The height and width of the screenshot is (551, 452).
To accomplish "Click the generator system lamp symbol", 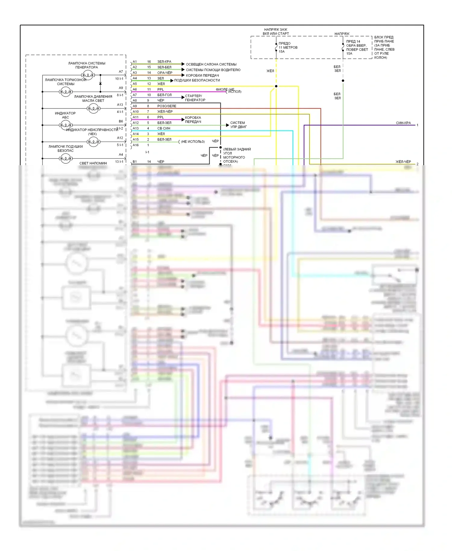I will pos(87,75).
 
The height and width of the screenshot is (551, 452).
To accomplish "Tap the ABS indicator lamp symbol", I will pos(66,125).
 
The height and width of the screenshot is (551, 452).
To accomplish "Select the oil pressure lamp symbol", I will pos(93,108).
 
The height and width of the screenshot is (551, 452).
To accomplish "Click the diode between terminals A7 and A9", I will pos(100,83).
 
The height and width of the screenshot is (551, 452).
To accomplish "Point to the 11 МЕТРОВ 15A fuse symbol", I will pos(276,47).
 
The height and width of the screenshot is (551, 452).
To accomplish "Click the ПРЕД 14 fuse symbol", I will pos(343,48).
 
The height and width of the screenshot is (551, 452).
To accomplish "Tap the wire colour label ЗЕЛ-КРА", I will pos(164,61).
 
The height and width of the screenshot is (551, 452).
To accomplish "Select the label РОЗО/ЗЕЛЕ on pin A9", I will pos(167,106).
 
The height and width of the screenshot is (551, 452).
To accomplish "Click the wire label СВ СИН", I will pos(164,128).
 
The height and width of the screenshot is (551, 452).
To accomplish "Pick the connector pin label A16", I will pos(136,145).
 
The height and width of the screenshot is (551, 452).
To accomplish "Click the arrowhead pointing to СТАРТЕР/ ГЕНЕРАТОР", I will pos(183,97).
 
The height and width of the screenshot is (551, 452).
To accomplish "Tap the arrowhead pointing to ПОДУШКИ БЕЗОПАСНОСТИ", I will pos(172,80).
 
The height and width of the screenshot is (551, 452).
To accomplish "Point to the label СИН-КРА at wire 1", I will pos(403,123).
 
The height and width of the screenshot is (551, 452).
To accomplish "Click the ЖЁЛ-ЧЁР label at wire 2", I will pos(403,162).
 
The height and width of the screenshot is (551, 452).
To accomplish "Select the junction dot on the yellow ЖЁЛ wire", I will pos(276,86).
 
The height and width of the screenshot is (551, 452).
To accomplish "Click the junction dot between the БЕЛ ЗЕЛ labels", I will pos(343,80).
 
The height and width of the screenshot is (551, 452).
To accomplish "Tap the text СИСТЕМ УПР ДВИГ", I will pos(238,125).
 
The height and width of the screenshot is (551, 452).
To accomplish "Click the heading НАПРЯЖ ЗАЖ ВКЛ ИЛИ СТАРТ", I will pos(276,32).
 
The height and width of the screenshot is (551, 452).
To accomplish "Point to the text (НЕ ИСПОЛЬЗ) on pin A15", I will pos(193,142).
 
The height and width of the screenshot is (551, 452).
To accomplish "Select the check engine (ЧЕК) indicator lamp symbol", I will pos(93,141).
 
